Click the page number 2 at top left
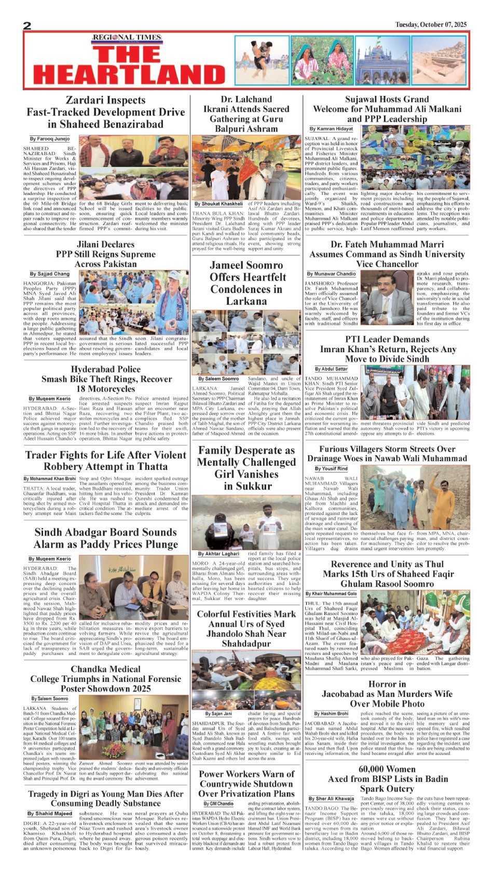coord(28,25)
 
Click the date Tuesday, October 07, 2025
coord(431,24)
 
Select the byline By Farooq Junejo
coord(49,139)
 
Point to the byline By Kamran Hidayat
coord(331,129)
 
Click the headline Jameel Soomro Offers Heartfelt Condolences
coord(246,283)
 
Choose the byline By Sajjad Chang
coord(49,274)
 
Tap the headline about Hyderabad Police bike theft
coord(106,379)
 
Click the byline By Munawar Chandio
coord(331,273)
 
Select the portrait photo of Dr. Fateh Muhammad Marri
coord(387,298)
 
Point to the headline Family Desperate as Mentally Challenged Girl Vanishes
coord(246,468)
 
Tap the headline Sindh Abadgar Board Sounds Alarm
coord(106,538)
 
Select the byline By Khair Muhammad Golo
coord(331,593)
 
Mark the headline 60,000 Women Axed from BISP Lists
coord(387,778)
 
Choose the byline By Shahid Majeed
coord(50,814)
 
